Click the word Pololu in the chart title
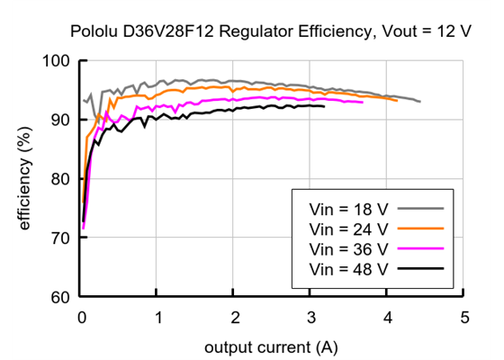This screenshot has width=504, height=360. pyautogui.click(x=93, y=32)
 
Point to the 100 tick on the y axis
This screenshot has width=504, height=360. pyautogui.click(x=58, y=61)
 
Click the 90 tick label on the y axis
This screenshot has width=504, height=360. pyautogui.click(x=62, y=120)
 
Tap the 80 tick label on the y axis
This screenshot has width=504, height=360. pyautogui.click(x=62, y=179)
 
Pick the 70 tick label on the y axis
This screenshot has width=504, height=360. pyautogui.click(x=62, y=238)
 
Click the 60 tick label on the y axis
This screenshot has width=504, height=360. pyautogui.click(x=62, y=297)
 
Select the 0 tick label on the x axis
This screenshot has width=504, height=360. pyautogui.click(x=82, y=318)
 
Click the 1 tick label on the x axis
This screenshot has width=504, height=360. pyautogui.click(x=158, y=318)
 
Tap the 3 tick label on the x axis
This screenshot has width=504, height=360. pyautogui.click(x=311, y=318)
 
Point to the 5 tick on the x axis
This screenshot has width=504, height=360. pyautogui.click(x=464, y=318)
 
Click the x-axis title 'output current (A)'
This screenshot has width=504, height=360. pyautogui.click(x=272, y=346)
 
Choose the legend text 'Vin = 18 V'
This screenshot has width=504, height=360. pyautogui.click(x=348, y=206)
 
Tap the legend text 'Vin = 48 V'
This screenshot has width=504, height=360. pyautogui.click(x=348, y=268)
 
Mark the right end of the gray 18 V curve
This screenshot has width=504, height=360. pyautogui.click(x=419, y=102)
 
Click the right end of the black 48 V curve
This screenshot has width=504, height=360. pyautogui.click(x=324, y=106)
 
